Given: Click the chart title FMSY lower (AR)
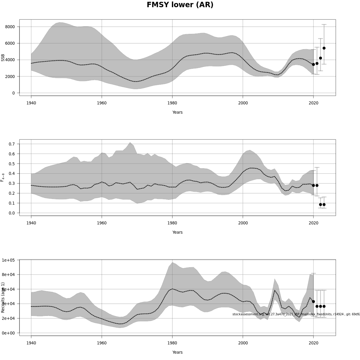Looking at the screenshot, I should (180, 5).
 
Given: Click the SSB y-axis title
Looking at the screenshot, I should (3, 58).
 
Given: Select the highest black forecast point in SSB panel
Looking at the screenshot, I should (324, 48).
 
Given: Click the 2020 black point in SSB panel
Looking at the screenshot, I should (313, 64).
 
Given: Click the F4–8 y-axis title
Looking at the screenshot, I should (3, 177).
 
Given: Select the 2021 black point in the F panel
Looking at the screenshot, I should (317, 185).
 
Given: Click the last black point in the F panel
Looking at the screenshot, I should (324, 205).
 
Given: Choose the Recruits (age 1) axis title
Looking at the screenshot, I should (3, 297).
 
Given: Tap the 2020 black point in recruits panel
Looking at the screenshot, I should (313, 301).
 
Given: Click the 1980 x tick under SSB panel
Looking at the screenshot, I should (172, 103).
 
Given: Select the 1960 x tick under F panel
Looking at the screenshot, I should (102, 223).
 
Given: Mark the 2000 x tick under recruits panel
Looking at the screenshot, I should (243, 343).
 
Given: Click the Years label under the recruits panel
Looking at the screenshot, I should (177, 352).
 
